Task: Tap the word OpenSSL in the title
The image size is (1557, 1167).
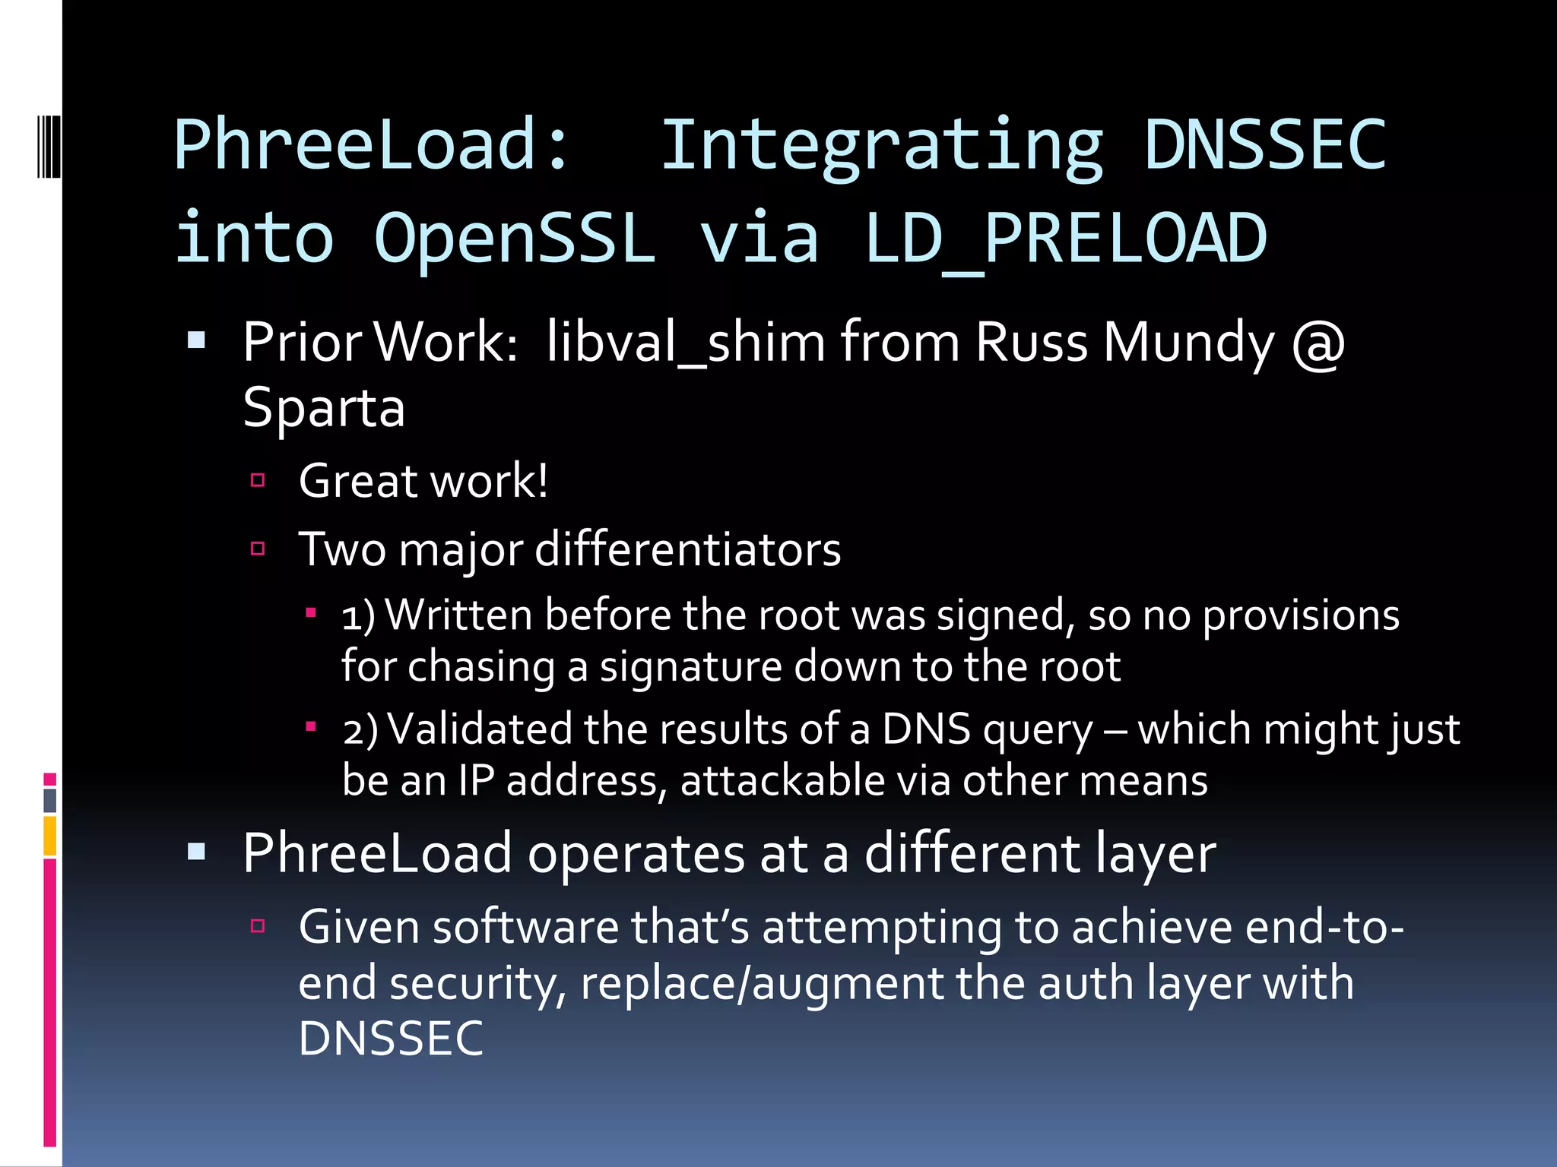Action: coord(515,239)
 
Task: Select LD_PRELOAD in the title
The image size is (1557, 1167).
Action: coord(1066,239)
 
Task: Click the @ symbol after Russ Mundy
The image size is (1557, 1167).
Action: coord(1318,343)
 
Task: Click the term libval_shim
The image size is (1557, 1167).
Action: coord(685,343)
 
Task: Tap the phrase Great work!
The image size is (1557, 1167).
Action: coord(423,481)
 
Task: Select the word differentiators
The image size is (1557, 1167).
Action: coord(688,549)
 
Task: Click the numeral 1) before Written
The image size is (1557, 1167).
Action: coord(358,615)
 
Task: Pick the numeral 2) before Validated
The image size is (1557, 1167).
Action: coord(360,729)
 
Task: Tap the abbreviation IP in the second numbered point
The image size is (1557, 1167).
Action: coord(476,781)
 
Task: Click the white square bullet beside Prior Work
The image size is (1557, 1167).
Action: coord(197,340)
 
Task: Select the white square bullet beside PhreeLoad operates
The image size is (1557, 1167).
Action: coord(197,851)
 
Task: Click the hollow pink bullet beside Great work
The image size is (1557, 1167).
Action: coord(258,480)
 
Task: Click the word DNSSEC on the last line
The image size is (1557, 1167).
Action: coord(391,1039)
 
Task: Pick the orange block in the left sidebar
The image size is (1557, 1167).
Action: coord(50,836)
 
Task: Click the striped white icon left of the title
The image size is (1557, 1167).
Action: coord(49,145)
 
